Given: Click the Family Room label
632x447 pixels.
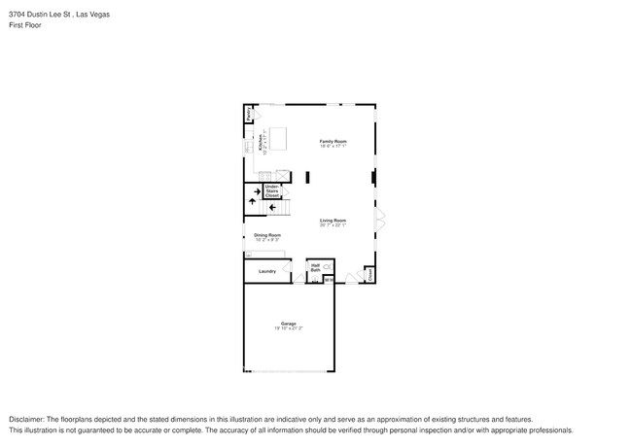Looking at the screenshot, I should click(334, 142).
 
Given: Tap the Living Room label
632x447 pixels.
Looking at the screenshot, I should click(334, 221).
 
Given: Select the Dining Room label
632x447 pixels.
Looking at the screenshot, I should click(267, 235).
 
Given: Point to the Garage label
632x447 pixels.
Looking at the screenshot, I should click(288, 324).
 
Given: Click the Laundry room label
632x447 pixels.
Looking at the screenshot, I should click(266, 271).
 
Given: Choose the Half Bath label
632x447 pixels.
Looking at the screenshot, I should click(315, 267).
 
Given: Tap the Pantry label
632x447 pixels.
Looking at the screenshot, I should click(249, 115).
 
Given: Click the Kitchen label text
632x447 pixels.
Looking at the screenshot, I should click(261, 143).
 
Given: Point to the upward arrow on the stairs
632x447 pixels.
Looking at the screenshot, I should click(255, 191).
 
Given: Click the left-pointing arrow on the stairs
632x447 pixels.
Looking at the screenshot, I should click(272, 207).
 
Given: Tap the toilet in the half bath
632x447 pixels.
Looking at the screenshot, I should click(328, 266).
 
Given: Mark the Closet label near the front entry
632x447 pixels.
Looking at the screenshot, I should click(370, 276).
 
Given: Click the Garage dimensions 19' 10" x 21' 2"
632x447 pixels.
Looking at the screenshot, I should click(288, 328).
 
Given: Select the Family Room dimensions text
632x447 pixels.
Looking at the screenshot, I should click(334, 147).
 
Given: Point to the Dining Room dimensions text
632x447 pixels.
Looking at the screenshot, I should click(267, 240).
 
